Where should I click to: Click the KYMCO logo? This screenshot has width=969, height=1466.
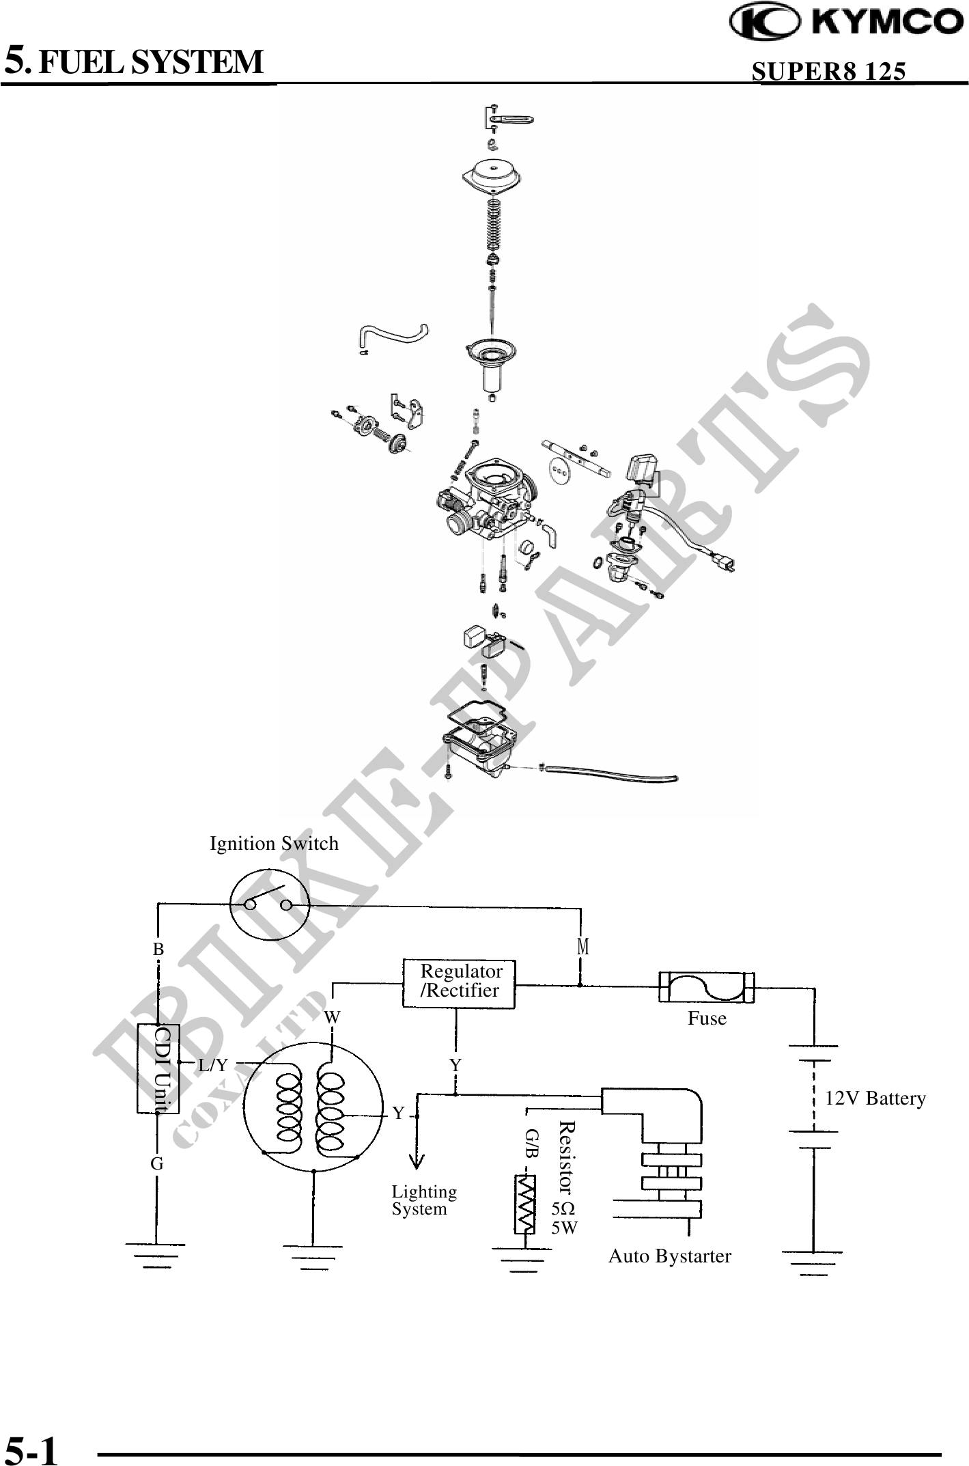click(x=847, y=23)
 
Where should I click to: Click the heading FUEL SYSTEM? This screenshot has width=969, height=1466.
click(x=150, y=62)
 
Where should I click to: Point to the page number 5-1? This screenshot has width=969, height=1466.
click(x=32, y=1446)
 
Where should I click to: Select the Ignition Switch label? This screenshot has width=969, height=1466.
click(x=274, y=844)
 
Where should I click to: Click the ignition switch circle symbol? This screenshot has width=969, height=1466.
click(x=269, y=905)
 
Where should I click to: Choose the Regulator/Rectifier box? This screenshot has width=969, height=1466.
click(x=459, y=984)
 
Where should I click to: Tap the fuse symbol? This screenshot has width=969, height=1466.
click(x=707, y=987)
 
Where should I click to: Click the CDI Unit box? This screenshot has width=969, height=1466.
click(x=158, y=1068)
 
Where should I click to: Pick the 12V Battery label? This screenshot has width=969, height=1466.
click(x=875, y=1098)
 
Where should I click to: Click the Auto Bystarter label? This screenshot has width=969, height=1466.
click(x=669, y=1256)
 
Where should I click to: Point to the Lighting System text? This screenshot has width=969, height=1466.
click(x=423, y=1200)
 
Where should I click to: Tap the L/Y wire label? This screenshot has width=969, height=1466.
click(x=213, y=1065)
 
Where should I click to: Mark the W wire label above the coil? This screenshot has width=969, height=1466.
click(x=332, y=1017)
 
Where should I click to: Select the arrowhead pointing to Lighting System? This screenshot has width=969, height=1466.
click(x=417, y=1161)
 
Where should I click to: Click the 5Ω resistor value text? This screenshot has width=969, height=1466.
click(x=563, y=1208)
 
